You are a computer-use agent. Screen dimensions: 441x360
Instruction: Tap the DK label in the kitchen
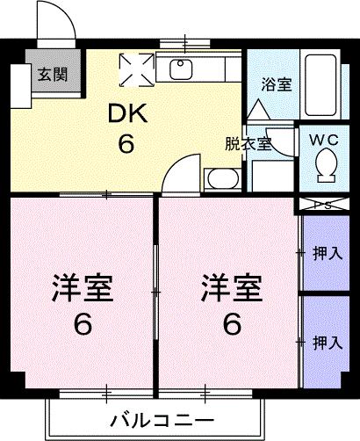click(126, 114)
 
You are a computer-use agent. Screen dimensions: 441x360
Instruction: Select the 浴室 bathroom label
click(277, 85)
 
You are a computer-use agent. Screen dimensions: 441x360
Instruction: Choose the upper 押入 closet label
click(327, 254)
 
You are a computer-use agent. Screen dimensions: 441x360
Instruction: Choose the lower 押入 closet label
click(327, 343)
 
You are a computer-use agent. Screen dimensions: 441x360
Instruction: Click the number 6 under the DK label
click(126, 144)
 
